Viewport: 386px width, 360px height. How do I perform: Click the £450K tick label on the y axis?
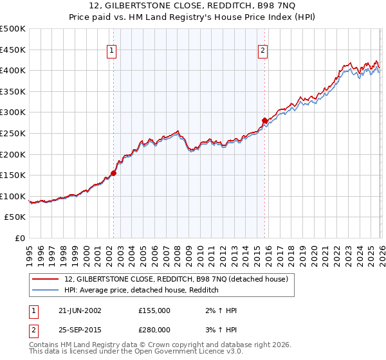coord(13,50)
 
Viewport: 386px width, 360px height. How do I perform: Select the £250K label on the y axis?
coord(13,133)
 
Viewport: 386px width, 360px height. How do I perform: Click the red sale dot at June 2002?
coord(114,172)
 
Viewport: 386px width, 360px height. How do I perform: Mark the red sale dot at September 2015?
coord(264,120)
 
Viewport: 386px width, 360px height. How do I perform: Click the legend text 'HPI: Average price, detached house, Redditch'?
coord(142,290)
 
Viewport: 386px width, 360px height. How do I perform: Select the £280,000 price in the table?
coord(154,329)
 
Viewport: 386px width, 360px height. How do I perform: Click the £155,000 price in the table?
coord(154,310)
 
